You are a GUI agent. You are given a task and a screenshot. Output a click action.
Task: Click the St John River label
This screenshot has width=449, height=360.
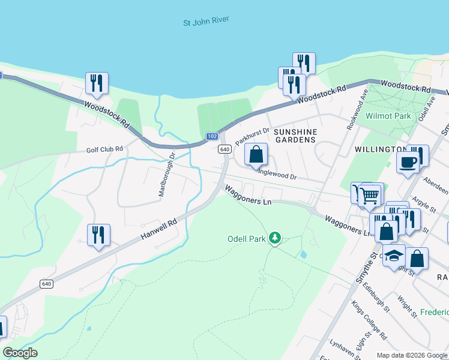coord(206,22)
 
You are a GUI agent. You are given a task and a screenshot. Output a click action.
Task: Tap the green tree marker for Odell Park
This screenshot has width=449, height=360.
coord(275,238)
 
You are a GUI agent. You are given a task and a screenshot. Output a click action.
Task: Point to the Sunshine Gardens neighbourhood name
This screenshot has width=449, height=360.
coord(294,135)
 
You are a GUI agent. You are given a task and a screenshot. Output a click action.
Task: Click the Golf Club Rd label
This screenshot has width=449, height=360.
coord(104,149)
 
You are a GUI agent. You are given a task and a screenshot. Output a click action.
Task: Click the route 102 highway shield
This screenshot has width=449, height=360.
coord(212,136)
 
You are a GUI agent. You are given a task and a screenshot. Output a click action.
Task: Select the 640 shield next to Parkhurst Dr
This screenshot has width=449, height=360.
coord(225,149)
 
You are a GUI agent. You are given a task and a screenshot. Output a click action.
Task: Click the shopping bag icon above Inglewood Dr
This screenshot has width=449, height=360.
coord(256,155)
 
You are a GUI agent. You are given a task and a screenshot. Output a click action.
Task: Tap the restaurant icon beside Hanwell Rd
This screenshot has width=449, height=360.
coord(98,235)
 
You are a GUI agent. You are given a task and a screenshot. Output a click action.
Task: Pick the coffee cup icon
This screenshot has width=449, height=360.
coord(408,162)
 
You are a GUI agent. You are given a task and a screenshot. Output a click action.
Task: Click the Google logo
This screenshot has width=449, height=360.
coord(20,353)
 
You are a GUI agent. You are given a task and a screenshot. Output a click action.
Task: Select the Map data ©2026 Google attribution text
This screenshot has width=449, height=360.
coord(411,355)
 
